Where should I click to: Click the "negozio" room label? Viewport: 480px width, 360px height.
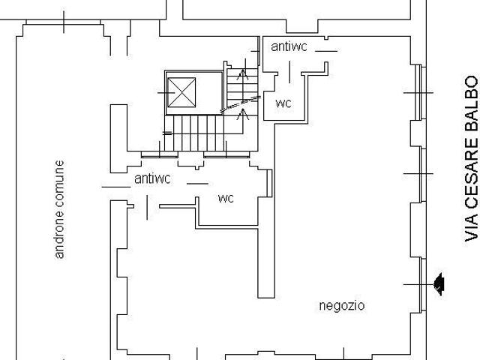tap(342, 306)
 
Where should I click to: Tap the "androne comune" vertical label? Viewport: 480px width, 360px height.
tap(59, 210)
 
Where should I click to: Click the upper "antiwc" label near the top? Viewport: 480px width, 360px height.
tap(289, 46)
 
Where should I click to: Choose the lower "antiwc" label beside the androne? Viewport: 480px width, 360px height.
tap(152, 178)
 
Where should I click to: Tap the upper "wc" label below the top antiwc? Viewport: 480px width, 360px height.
tap(283, 103)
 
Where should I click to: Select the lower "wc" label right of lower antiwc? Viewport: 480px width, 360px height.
tap(226, 198)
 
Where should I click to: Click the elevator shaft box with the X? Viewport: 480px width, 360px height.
tap(181, 92)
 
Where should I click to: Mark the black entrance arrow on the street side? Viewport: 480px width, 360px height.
tap(440, 284)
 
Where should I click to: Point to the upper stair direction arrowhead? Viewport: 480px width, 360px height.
tap(243, 74)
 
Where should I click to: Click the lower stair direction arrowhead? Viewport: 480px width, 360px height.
tap(243, 114)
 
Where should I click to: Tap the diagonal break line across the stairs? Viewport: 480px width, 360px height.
tap(241, 103)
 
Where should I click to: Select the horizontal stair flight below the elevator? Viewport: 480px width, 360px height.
tap(194, 133)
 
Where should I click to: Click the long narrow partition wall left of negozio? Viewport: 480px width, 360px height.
tap(266, 211)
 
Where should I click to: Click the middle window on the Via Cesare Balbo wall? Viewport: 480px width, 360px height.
tap(422, 174)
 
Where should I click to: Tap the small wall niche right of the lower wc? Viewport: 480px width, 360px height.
tap(269, 183)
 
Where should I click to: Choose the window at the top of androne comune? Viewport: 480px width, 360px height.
tap(63, 22)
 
